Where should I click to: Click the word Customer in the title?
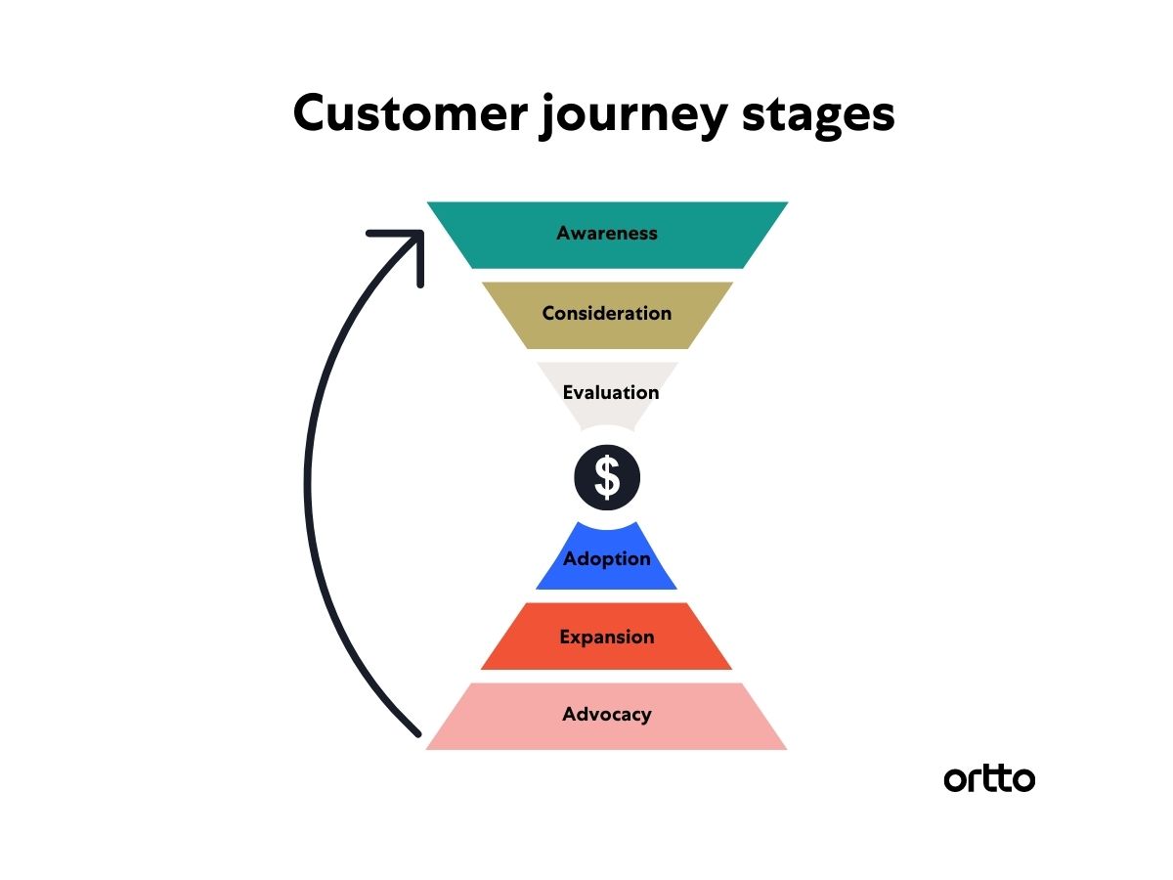pos(411,113)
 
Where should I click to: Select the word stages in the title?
pos(818,117)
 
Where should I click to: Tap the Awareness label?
pos(607,233)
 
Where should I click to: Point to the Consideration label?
pos(607,313)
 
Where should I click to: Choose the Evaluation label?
pos(610,393)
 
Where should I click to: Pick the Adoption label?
pos(607,559)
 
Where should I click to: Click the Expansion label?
pos(607,638)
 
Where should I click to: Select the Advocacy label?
pos(607,715)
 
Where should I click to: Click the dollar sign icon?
pos(607,477)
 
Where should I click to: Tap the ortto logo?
pos(988,779)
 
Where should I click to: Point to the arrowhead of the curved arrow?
pos(420,234)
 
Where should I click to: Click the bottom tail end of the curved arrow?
pos(418,734)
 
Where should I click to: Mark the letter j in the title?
pos(546,116)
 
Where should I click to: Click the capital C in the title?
pos(311,112)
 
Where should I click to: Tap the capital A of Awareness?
pos(564,233)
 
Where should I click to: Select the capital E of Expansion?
pos(565,637)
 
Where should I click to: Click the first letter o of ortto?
pos(955,780)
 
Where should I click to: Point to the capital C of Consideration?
pos(550,313)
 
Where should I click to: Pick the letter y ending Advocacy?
pos(645,718)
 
